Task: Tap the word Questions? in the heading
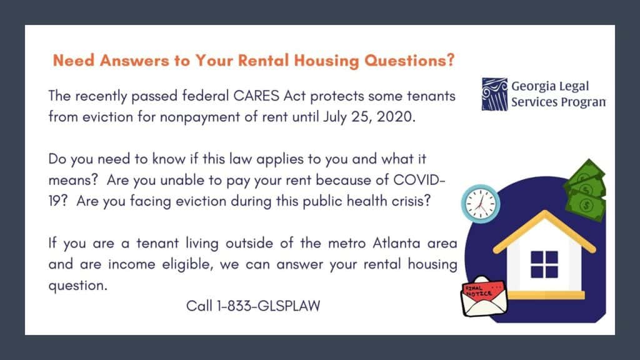pos(409,61)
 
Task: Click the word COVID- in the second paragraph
pos(419,180)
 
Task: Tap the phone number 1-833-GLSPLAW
pos(269,306)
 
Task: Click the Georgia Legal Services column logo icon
pos(494,94)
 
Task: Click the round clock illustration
pos(481,204)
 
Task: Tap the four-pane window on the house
pos(544,264)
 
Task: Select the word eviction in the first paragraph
pos(107,117)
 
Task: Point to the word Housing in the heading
pos(326,61)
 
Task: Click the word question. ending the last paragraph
pos(78,286)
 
